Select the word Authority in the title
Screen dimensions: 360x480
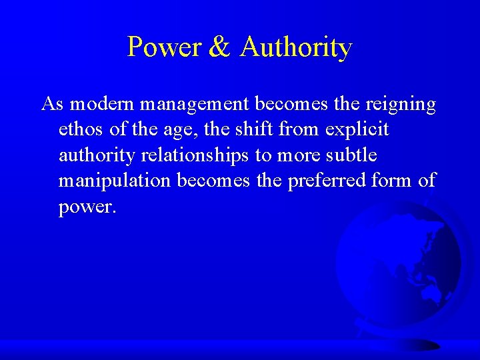click(x=295, y=47)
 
